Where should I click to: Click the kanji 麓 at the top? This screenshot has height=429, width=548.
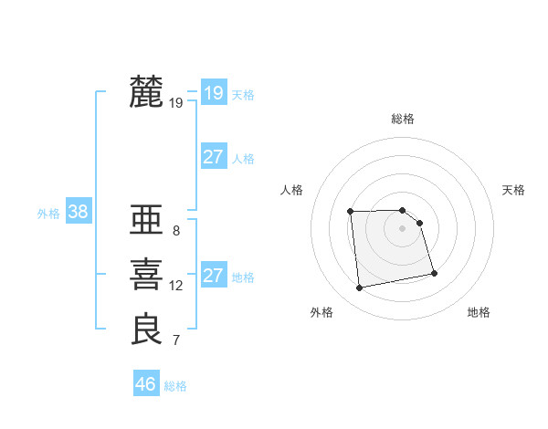coord(146,92)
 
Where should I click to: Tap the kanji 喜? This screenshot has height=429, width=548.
coord(146,275)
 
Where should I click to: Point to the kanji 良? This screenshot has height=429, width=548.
coord(146,330)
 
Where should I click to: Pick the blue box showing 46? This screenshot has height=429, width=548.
coord(146,384)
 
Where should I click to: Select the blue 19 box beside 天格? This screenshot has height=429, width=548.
coord(214,93)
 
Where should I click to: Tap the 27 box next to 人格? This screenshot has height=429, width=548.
coord(214,157)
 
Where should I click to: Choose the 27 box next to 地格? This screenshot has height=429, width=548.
coord(214,276)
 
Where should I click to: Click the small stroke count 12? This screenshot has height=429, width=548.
coord(176,286)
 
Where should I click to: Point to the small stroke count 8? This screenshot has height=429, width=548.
coord(176,231)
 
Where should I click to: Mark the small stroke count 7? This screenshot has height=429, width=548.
coord(176,341)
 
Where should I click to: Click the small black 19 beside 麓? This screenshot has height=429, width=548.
coord(176,103)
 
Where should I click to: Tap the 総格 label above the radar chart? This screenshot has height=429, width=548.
coord(403,119)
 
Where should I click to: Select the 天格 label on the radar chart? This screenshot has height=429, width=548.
coord(514,190)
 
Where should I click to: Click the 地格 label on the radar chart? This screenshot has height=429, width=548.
coord(479,312)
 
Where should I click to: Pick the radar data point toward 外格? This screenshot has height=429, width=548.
coord(360,288)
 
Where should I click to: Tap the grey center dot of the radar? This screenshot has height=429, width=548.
coord(403,228)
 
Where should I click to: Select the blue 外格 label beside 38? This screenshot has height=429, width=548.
coord(48,214)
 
